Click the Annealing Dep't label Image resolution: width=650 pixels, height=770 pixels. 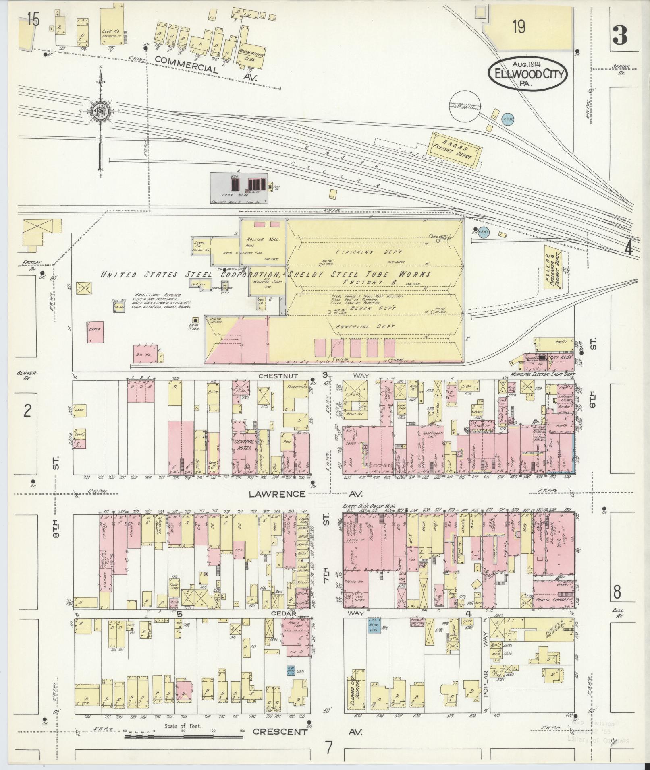[365, 327]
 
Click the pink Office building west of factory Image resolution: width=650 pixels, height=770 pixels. [96, 332]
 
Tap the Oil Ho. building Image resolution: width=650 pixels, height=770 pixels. [145, 353]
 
